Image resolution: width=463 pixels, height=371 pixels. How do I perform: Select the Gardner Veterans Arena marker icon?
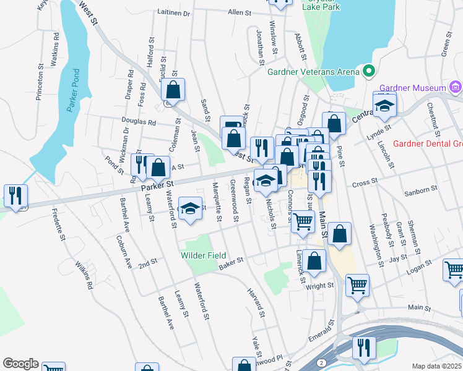coord(369,72)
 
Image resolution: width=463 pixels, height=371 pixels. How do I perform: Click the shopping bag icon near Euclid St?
coord(173,90)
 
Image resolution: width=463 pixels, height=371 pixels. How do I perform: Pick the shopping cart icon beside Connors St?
coord(303,221)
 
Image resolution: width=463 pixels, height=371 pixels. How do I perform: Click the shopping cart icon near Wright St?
coord(357,285)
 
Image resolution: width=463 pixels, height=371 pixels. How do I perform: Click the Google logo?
coord(20,363)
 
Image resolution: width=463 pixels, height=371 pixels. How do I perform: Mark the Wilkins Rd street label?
coord(84,276)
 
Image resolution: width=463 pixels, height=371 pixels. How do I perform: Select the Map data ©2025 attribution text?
coord(436,366)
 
